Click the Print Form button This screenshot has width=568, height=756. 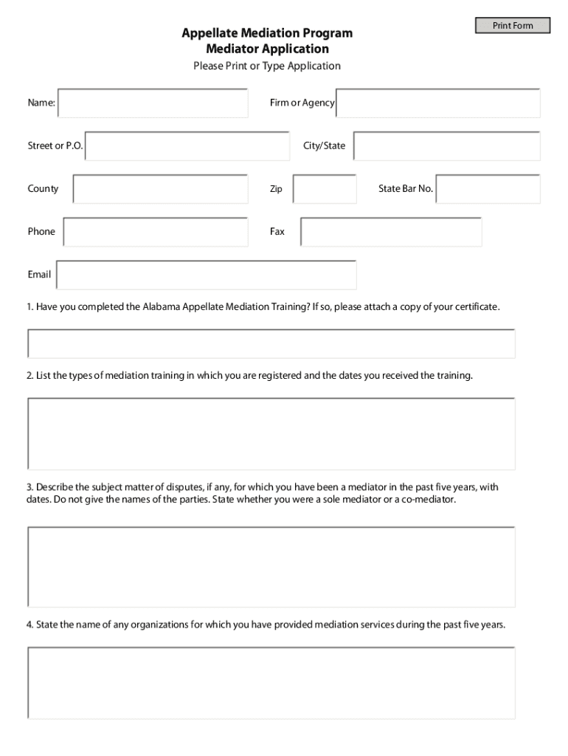pyautogui.click(x=513, y=26)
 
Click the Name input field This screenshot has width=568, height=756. pyautogui.click(x=153, y=103)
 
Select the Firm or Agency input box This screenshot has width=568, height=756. pyautogui.click(x=438, y=103)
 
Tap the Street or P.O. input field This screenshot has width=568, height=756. pyautogui.click(x=187, y=146)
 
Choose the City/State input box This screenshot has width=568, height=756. pyautogui.click(x=446, y=146)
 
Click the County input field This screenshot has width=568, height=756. pyautogui.click(x=160, y=189)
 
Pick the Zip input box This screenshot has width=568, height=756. pyautogui.click(x=325, y=189)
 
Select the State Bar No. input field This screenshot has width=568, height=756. pyautogui.click(x=488, y=189)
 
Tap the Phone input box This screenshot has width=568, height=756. pyautogui.click(x=156, y=232)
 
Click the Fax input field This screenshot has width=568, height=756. pyautogui.click(x=391, y=232)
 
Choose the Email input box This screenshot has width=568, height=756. pyautogui.click(x=207, y=275)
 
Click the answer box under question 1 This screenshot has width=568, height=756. pyautogui.click(x=271, y=344)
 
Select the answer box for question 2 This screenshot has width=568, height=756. pyautogui.click(x=271, y=433)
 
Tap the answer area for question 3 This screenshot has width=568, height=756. pyautogui.click(x=271, y=566)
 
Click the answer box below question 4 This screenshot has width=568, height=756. pyautogui.click(x=271, y=682)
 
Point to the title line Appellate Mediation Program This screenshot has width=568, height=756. pyautogui.click(x=267, y=33)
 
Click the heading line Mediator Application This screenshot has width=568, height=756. pyautogui.click(x=267, y=49)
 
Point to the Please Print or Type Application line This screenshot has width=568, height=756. pyautogui.click(x=267, y=66)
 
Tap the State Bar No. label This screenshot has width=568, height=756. pyautogui.click(x=406, y=189)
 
